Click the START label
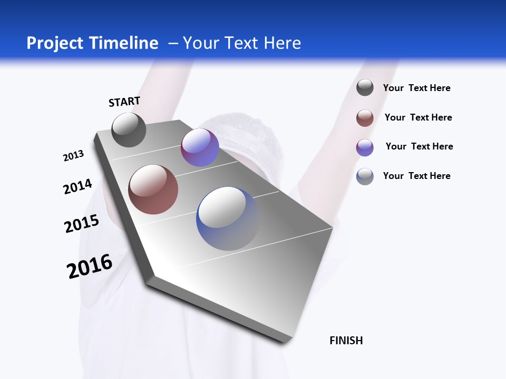click(124, 102)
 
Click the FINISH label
click(346, 341)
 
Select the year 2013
click(73, 156)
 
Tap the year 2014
click(77, 186)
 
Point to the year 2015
click(82, 224)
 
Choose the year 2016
click(90, 266)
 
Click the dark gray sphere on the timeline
click(129, 129)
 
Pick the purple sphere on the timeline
click(200, 147)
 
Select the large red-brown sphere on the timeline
click(153, 189)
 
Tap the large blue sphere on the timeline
click(228, 218)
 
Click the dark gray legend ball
click(365, 87)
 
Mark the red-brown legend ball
click(365, 118)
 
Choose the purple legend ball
click(365, 147)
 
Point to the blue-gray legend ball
click(365, 176)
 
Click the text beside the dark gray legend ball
click(416, 88)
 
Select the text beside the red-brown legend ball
click(418, 117)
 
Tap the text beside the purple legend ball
click(419, 146)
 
